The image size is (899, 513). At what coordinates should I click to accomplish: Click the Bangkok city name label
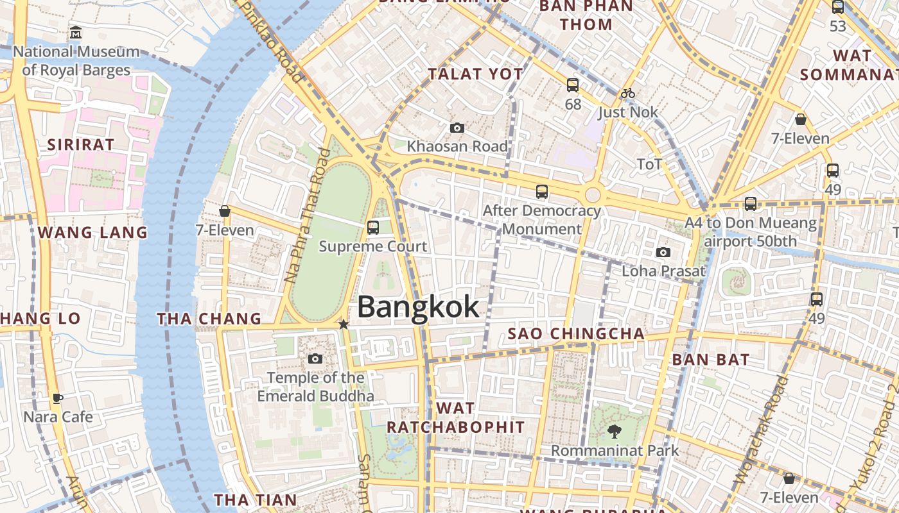pyautogui.click(x=418, y=307)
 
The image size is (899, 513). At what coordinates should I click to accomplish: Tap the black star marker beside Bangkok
pyautogui.click(x=344, y=324)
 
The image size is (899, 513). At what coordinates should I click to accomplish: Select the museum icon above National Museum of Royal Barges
pyautogui.click(x=76, y=32)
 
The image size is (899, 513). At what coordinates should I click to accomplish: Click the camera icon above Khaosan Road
pyautogui.click(x=457, y=128)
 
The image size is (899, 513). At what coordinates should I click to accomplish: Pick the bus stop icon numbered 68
pyautogui.click(x=572, y=85)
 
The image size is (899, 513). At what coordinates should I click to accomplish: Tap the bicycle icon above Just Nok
pyautogui.click(x=627, y=93)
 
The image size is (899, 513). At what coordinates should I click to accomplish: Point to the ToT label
pyautogui.click(x=649, y=165)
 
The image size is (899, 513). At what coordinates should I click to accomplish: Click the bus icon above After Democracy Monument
pyautogui.click(x=542, y=192)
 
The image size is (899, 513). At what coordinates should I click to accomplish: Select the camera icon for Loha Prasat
pyautogui.click(x=663, y=253)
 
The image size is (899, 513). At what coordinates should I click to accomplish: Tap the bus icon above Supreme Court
pyautogui.click(x=372, y=228)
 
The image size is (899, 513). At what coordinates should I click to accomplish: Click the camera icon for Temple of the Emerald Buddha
pyautogui.click(x=315, y=359)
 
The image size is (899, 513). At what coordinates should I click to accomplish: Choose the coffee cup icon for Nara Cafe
pyautogui.click(x=58, y=399)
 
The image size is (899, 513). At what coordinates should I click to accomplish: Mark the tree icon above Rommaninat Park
pyautogui.click(x=614, y=432)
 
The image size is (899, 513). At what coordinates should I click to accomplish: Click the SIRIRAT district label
pyautogui.click(x=81, y=144)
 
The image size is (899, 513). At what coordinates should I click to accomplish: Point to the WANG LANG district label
pyautogui.click(x=93, y=232)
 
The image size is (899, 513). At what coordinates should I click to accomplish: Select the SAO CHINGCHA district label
pyautogui.click(x=576, y=333)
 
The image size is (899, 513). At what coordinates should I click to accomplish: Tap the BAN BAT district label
pyautogui.click(x=711, y=359)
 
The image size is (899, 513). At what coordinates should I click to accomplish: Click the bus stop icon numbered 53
pyautogui.click(x=838, y=8)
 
